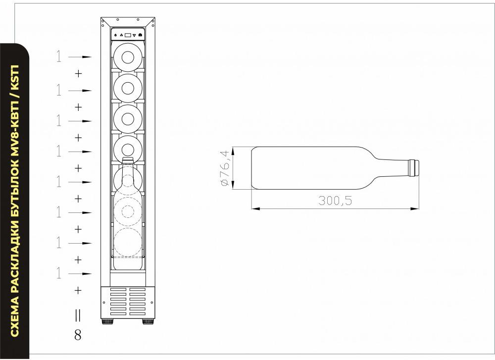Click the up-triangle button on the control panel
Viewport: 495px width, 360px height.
point(122,35)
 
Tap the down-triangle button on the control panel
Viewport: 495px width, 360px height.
point(134,35)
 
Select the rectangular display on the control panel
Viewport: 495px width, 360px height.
point(128,35)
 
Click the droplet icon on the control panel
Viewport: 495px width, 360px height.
point(116,35)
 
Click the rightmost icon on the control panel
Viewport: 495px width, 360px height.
point(140,35)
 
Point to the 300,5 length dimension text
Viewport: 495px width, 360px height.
point(335,201)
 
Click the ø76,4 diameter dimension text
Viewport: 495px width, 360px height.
point(224,168)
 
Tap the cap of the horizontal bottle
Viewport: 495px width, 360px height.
point(414,168)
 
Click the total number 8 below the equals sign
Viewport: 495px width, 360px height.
point(78,335)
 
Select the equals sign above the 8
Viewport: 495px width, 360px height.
point(78,315)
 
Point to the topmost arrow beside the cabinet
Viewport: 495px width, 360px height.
point(80,57)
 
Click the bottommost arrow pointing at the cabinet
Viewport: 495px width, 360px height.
point(80,274)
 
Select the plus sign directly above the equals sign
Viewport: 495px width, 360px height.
point(78,290)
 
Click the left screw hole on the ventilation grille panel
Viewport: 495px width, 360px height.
point(104,302)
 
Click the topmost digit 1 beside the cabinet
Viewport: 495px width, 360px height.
point(59,56)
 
